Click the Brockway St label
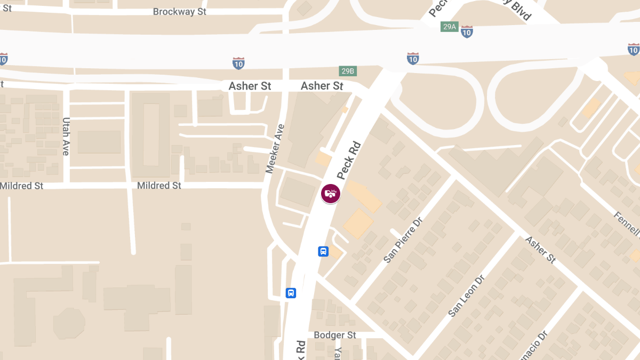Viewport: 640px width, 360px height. [179, 12]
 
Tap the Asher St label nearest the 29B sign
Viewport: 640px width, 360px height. [322, 86]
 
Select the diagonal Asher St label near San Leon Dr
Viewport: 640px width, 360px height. [541, 250]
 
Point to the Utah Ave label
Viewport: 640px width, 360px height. [66, 137]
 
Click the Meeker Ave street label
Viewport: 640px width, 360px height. [275, 148]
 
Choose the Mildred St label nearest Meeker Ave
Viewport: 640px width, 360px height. [159, 186]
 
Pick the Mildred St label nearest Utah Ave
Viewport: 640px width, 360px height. [22, 186]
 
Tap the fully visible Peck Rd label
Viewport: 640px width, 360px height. [349, 160]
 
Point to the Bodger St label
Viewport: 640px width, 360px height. [335, 335]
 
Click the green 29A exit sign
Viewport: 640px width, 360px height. [450, 27]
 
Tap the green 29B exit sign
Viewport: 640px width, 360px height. [348, 71]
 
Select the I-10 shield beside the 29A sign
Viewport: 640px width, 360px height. [467, 32]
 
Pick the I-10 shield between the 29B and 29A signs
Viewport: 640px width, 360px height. [413, 58]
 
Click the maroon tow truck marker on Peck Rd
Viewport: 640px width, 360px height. [331, 193]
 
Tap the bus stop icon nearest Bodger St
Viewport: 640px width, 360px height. [291, 293]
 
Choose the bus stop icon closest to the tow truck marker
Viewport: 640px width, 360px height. [323, 251]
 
